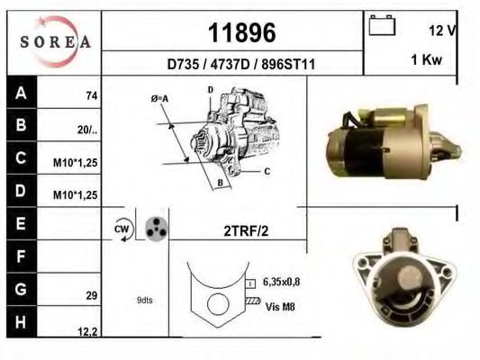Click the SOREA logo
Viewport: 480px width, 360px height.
pos(54,41)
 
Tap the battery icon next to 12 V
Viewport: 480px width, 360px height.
pos(381,28)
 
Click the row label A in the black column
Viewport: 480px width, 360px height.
pos(21,94)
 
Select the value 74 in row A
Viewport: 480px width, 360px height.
pos(91,95)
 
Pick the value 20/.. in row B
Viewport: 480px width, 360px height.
pos(87,130)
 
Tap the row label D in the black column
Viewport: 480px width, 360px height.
pos(21,193)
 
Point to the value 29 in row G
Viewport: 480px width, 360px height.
pos(91,294)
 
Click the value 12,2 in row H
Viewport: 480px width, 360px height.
pos(88,331)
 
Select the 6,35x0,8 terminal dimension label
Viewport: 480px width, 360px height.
pos(283,282)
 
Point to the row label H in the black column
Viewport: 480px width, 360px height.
pos(21,322)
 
